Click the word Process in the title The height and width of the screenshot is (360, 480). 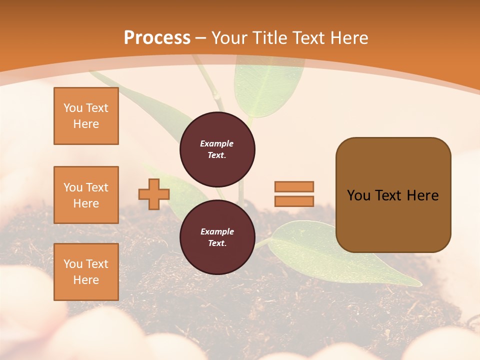[x=157, y=38]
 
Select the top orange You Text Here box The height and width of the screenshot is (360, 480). [x=86, y=116]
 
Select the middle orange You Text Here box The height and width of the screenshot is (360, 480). [x=86, y=195]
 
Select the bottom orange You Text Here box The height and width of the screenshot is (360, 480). [x=86, y=272]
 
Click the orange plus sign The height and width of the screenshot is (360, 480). [x=153, y=194]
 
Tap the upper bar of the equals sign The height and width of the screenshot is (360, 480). [x=294, y=186]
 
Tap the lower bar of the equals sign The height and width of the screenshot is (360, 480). [x=294, y=201]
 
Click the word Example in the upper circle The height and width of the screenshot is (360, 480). [x=216, y=143]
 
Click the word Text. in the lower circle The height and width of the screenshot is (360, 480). [x=217, y=243]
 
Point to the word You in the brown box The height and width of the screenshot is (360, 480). [x=358, y=195]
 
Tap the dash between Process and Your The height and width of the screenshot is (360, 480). [x=201, y=38]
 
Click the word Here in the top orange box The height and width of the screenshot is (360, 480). [x=86, y=124]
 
